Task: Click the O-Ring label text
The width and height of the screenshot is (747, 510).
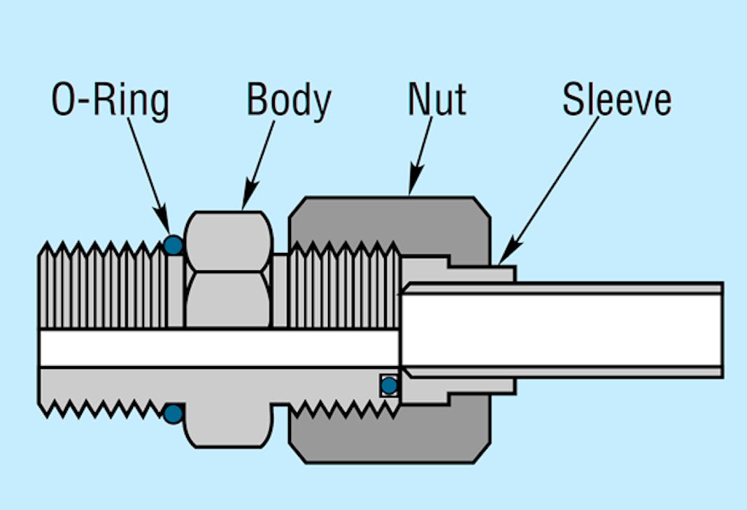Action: point(111,101)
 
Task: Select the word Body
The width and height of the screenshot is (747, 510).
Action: point(288,101)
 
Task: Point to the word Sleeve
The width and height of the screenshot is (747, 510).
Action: point(616,101)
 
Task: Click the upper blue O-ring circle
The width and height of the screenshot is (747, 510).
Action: point(173,245)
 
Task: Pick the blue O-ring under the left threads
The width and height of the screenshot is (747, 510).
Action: point(173,414)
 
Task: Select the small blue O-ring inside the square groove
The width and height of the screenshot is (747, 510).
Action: point(389,385)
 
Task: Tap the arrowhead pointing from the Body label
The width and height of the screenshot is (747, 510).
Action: point(246,201)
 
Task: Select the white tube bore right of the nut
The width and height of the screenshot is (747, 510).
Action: point(595,329)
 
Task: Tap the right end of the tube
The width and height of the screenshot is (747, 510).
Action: point(720,329)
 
